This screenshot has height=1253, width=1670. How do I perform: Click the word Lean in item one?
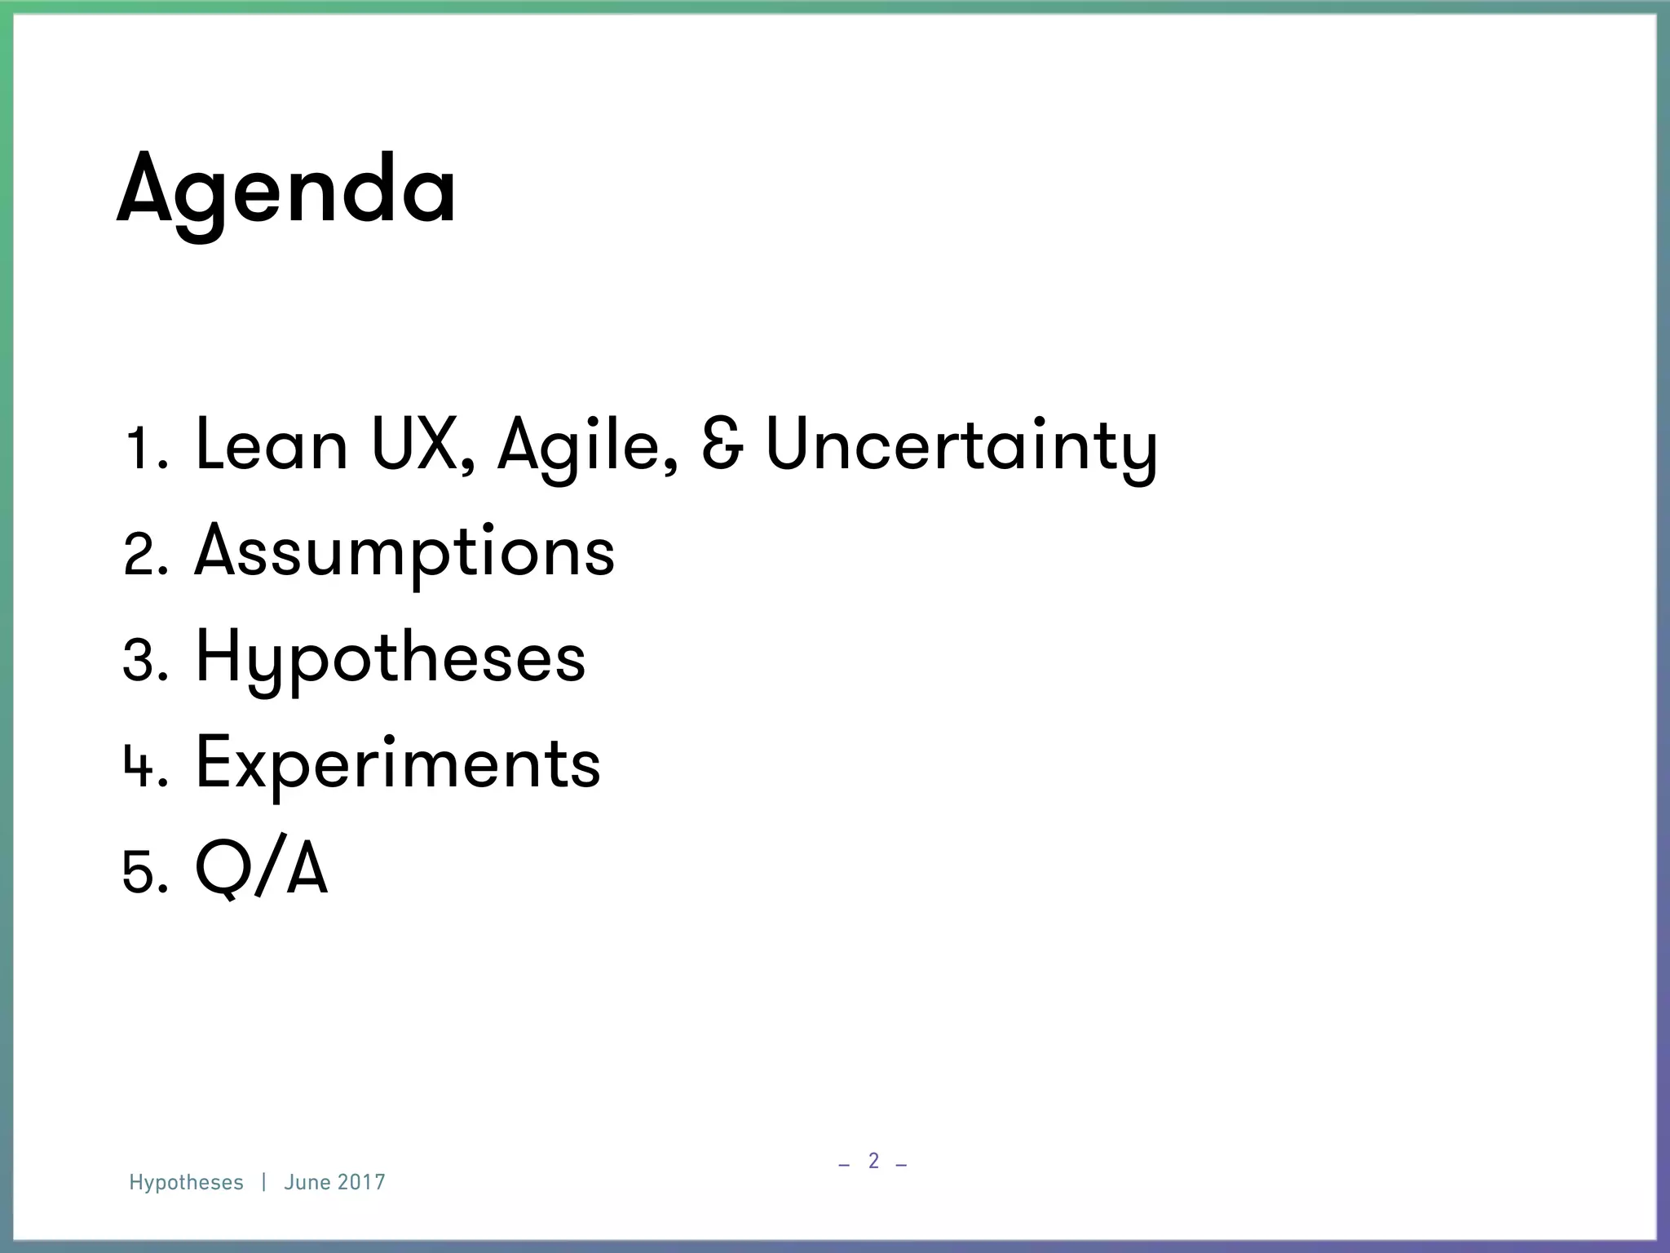tap(272, 445)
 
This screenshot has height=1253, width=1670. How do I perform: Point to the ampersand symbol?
tap(722, 445)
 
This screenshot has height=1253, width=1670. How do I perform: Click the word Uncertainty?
tap(961, 447)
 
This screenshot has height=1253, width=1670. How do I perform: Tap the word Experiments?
tap(398, 764)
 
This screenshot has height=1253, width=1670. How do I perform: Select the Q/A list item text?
tap(261, 870)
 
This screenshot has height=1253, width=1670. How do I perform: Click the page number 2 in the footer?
tap(873, 1160)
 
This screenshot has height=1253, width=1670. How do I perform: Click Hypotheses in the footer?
tap(186, 1183)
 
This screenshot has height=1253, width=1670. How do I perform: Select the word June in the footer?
tap(307, 1183)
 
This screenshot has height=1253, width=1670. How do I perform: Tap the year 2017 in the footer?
tap(361, 1183)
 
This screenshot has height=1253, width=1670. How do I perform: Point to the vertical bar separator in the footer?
tap(264, 1183)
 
